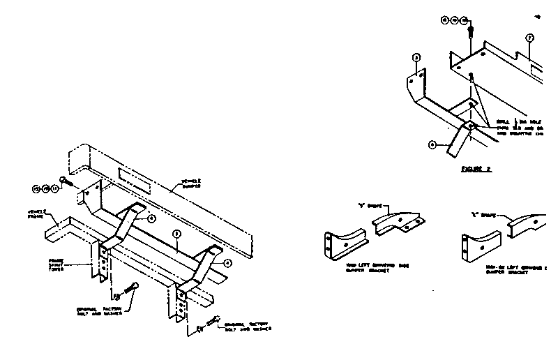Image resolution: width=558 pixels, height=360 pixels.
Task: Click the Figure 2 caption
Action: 478,169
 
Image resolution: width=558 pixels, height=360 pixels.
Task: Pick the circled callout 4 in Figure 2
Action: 432,145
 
